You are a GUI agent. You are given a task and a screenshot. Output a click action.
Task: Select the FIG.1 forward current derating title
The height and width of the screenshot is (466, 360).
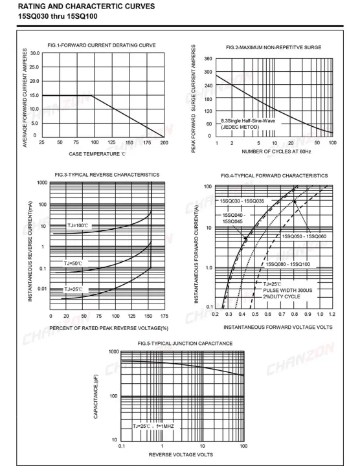tap(102, 45)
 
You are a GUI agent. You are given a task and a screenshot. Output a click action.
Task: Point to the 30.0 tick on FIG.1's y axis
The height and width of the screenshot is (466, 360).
tap(34, 52)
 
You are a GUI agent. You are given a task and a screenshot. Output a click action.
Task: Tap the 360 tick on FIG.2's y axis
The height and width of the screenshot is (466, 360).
tap(208, 59)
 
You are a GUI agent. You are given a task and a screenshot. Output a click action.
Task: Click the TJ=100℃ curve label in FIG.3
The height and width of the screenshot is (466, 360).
tap(77, 225)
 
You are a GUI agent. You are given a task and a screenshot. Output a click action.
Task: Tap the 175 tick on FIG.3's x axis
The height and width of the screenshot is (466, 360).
tap(164, 316)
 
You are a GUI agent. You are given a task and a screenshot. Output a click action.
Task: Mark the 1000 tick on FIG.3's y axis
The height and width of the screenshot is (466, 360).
tap(42, 183)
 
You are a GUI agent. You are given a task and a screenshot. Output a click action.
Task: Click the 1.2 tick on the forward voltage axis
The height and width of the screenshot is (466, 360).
tap(332, 314)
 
